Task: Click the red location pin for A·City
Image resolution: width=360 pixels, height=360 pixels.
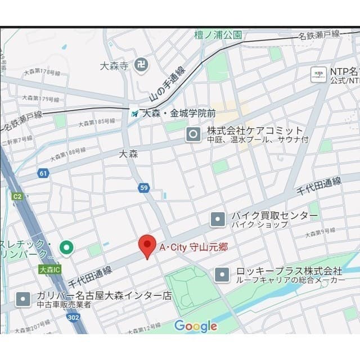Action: coord(147,245)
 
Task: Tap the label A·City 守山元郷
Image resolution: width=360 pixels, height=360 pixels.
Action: coord(193,247)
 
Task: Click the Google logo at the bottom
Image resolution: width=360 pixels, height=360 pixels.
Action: coord(195,326)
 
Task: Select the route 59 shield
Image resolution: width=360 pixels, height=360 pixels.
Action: coord(144,188)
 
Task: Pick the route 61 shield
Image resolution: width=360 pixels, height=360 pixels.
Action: coord(43,173)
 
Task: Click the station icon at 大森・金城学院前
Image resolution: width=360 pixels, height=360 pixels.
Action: coord(134,113)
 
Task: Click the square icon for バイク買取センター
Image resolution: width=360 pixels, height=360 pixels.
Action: coord(218,219)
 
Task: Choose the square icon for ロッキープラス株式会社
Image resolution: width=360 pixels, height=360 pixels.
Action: coord(222,274)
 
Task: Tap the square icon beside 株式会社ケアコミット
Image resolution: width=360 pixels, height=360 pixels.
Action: coord(193,134)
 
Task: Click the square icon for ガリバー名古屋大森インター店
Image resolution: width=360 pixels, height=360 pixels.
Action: coord(23,299)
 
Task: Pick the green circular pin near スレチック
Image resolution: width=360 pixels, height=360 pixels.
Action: coord(67,247)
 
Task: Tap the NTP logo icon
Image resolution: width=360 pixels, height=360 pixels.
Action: coord(319,74)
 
